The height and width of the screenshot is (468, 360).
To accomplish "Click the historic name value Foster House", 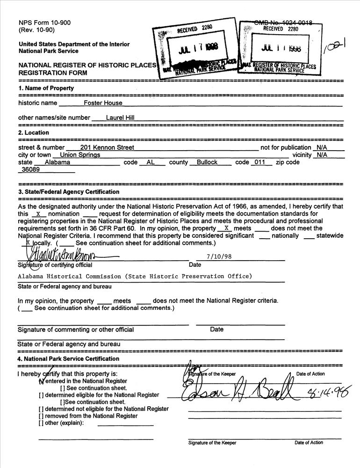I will tap(103, 103).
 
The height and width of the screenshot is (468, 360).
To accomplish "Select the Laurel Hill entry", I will tap(120, 118).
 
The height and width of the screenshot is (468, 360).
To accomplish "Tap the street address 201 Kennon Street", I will tap(107, 147).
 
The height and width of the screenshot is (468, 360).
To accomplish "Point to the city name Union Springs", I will tap(77, 155).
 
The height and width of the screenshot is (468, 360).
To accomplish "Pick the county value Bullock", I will tap(207, 162).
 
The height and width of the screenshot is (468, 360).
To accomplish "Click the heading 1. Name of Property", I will tap(46, 88).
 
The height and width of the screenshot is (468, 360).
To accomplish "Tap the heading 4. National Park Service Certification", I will tap(68, 358).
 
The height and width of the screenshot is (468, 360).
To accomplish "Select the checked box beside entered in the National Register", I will tap(41, 381).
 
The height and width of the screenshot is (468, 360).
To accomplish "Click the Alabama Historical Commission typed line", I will tap(135, 276).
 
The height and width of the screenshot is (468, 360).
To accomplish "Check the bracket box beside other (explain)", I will tap(41, 423).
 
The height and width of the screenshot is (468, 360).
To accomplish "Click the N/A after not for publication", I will tap(322, 147).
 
